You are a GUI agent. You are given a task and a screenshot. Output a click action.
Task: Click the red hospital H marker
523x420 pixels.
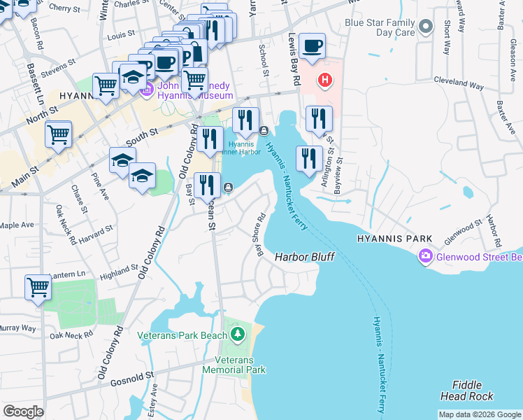pos(324,80)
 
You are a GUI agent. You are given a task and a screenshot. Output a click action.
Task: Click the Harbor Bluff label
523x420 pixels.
pos(304,257)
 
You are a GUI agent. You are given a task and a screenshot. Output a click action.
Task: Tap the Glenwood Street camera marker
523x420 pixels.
pos(425,257)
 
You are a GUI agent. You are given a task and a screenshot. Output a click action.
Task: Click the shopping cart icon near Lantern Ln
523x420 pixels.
pos(38,287)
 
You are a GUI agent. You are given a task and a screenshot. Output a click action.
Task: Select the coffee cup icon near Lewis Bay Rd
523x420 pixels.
pos(312,46)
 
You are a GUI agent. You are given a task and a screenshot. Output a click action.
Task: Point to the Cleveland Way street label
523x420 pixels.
pos(459,84)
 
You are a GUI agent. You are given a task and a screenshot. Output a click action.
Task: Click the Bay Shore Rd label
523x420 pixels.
pos(260,234)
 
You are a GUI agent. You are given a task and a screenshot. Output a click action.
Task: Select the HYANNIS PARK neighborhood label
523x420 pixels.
pos(395,239)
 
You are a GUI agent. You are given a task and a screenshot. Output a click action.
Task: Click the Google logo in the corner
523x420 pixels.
pos(23,412)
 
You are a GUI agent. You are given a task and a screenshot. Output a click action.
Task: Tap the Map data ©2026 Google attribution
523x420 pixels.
pos(480,414)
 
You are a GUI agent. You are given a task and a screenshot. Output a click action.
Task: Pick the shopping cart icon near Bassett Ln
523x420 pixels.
pos(59,134)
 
